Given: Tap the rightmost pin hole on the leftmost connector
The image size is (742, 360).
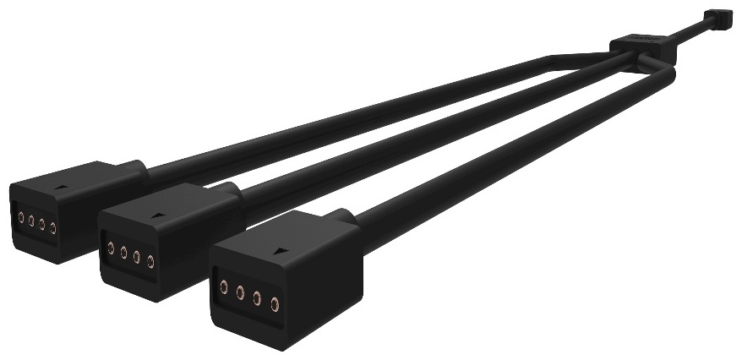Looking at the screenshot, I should [x=52, y=228].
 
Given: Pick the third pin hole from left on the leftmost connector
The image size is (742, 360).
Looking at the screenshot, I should [x=41, y=224].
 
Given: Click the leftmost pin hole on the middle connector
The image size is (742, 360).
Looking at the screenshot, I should [x=111, y=247].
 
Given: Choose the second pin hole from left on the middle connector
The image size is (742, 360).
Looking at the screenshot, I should [x=123, y=251].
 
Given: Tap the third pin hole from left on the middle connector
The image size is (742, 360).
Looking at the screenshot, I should [x=136, y=255].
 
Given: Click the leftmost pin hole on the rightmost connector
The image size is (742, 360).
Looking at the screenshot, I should [x=223, y=287].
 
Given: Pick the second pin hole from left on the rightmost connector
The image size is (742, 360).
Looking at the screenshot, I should [x=240, y=293].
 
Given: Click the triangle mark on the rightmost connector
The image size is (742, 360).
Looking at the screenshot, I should [x=280, y=252].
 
